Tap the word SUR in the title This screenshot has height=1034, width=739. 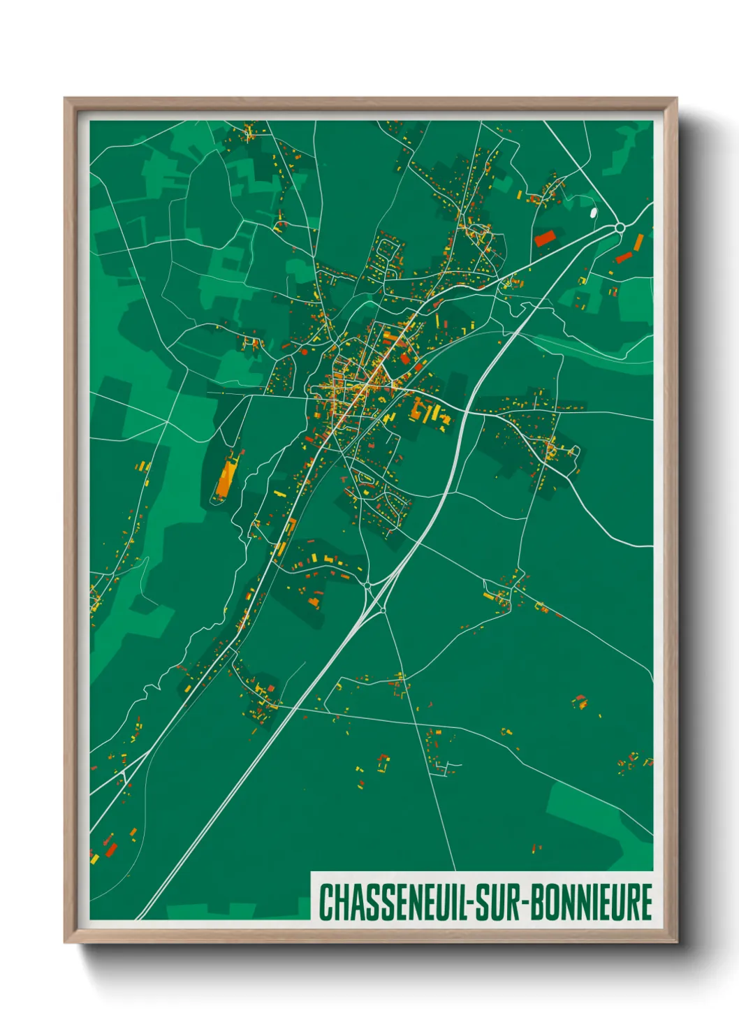(x=502, y=902)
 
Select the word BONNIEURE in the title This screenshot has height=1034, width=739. (x=592, y=902)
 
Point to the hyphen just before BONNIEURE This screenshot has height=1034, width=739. (x=525, y=903)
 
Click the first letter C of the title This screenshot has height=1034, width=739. (x=325, y=902)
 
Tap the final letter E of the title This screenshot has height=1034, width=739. (x=646, y=902)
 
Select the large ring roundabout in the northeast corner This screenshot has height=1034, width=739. (x=620, y=227)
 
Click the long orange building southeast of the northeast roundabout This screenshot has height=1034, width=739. (x=638, y=243)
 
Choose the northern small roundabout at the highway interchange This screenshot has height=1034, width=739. (x=367, y=584)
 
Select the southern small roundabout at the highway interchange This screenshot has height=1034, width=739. (x=383, y=610)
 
